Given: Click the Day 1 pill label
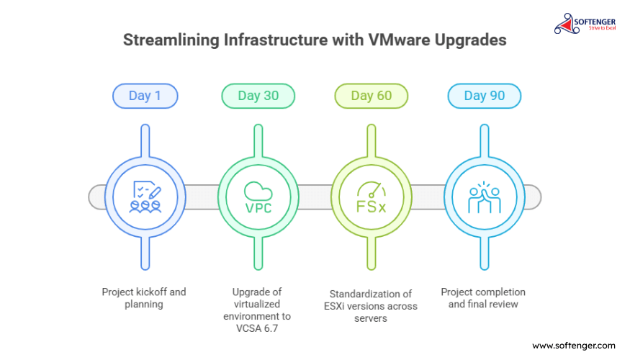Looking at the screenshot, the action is [145, 96].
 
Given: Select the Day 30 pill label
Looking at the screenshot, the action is [258, 96].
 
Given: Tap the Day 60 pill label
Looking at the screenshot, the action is [372, 96].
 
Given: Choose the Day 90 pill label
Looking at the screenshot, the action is [485, 96].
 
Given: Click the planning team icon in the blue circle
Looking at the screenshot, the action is [145, 197].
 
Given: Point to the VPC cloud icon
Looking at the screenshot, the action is [258, 197].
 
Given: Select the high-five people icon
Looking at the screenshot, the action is [485, 197].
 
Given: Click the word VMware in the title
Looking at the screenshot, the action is [399, 40].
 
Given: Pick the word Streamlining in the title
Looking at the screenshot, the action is [171, 40].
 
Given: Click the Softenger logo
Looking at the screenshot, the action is [585, 24].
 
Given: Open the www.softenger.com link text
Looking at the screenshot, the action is [574, 346].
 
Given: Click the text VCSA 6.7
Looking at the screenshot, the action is [257, 328].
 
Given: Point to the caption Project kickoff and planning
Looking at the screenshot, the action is [144, 298].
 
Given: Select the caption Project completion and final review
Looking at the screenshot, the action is [483, 298].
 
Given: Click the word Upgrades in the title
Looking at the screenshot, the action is [470, 40].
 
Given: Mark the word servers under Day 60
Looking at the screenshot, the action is [371, 319].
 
